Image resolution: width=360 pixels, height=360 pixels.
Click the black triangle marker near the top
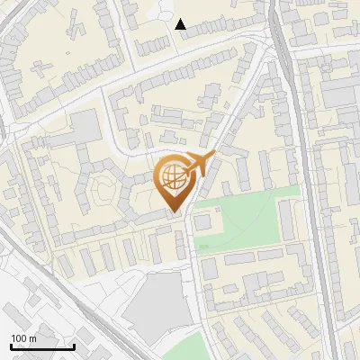[181, 24]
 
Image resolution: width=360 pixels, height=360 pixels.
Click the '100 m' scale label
[23, 337]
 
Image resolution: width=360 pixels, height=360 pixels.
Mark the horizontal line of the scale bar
[42, 346]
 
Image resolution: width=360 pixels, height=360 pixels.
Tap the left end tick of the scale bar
[11, 345]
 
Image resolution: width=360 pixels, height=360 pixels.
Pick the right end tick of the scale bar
[74, 345]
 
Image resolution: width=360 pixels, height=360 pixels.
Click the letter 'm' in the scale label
[32, 337]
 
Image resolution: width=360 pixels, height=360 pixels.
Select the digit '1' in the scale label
[13, 337]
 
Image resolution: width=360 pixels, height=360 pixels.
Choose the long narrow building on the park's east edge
[286, 220]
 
